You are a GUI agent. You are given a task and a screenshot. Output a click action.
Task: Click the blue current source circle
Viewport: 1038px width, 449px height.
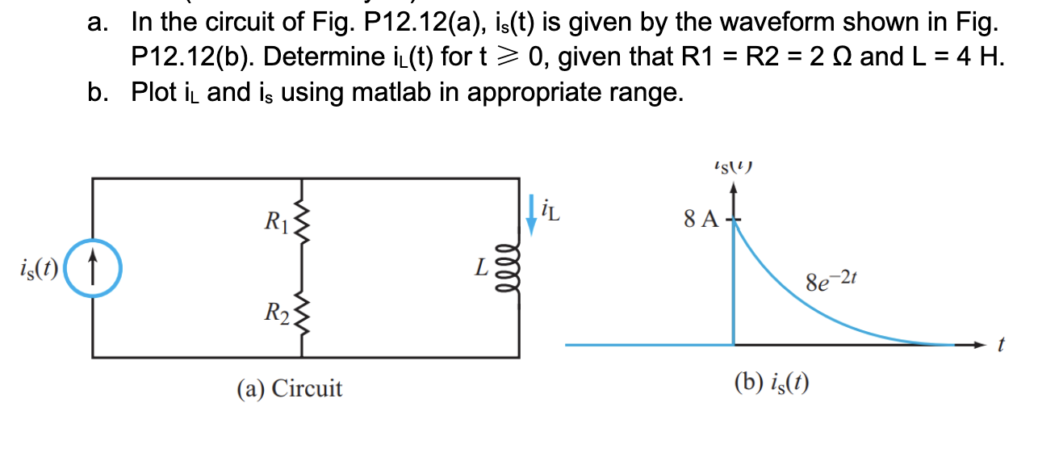click(93, 266)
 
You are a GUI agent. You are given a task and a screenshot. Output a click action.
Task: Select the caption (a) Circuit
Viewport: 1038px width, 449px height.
click(289, 389)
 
